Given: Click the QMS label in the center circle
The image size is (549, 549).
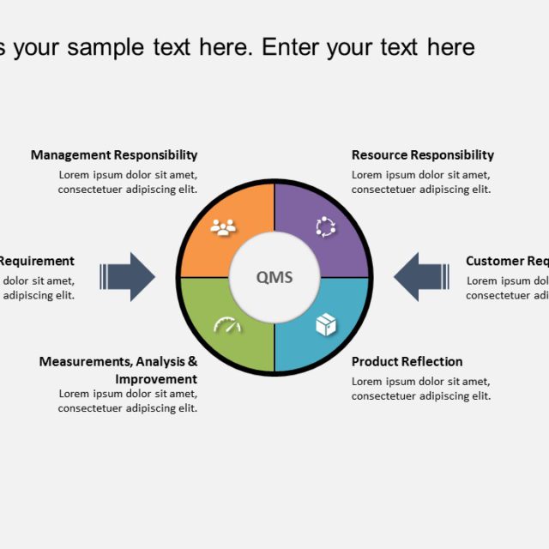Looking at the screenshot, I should click(x=274, y=277).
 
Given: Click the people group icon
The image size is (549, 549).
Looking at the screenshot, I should click(x=224, y=227).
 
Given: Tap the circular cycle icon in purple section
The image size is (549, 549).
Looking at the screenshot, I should click(x=326, y=226).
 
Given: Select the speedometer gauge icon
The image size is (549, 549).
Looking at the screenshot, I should click(x=227, y=325).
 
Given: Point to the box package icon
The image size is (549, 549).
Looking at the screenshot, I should click(x=326, y=324).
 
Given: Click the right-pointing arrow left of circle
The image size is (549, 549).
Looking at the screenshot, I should click(x=129, y=276).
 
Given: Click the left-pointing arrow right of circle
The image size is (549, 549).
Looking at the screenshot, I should click(x=420, y=276).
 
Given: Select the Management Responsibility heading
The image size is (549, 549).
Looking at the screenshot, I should click(x=114, y=155).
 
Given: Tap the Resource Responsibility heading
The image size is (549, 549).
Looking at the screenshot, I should click(x=423, y=155).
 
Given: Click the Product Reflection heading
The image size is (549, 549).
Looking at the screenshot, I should click(x=407, y=362).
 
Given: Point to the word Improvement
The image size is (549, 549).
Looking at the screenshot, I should click(x=156, y=379).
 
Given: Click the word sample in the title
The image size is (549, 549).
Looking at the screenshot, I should click(x=106, y=47).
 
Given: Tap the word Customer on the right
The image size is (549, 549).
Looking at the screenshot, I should click(x=493, y=262).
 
